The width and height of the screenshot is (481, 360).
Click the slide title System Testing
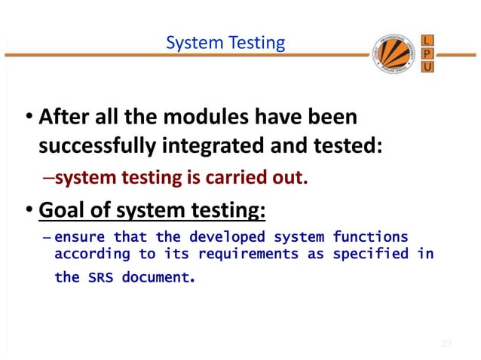225,43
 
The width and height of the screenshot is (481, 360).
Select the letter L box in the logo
426,39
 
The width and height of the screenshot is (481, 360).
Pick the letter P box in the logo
426,53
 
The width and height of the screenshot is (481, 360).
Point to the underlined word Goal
60,206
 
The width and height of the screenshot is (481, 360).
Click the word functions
370,237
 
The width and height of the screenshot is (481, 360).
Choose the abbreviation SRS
101,278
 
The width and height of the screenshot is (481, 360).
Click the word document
156,277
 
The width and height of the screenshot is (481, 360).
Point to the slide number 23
446,344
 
